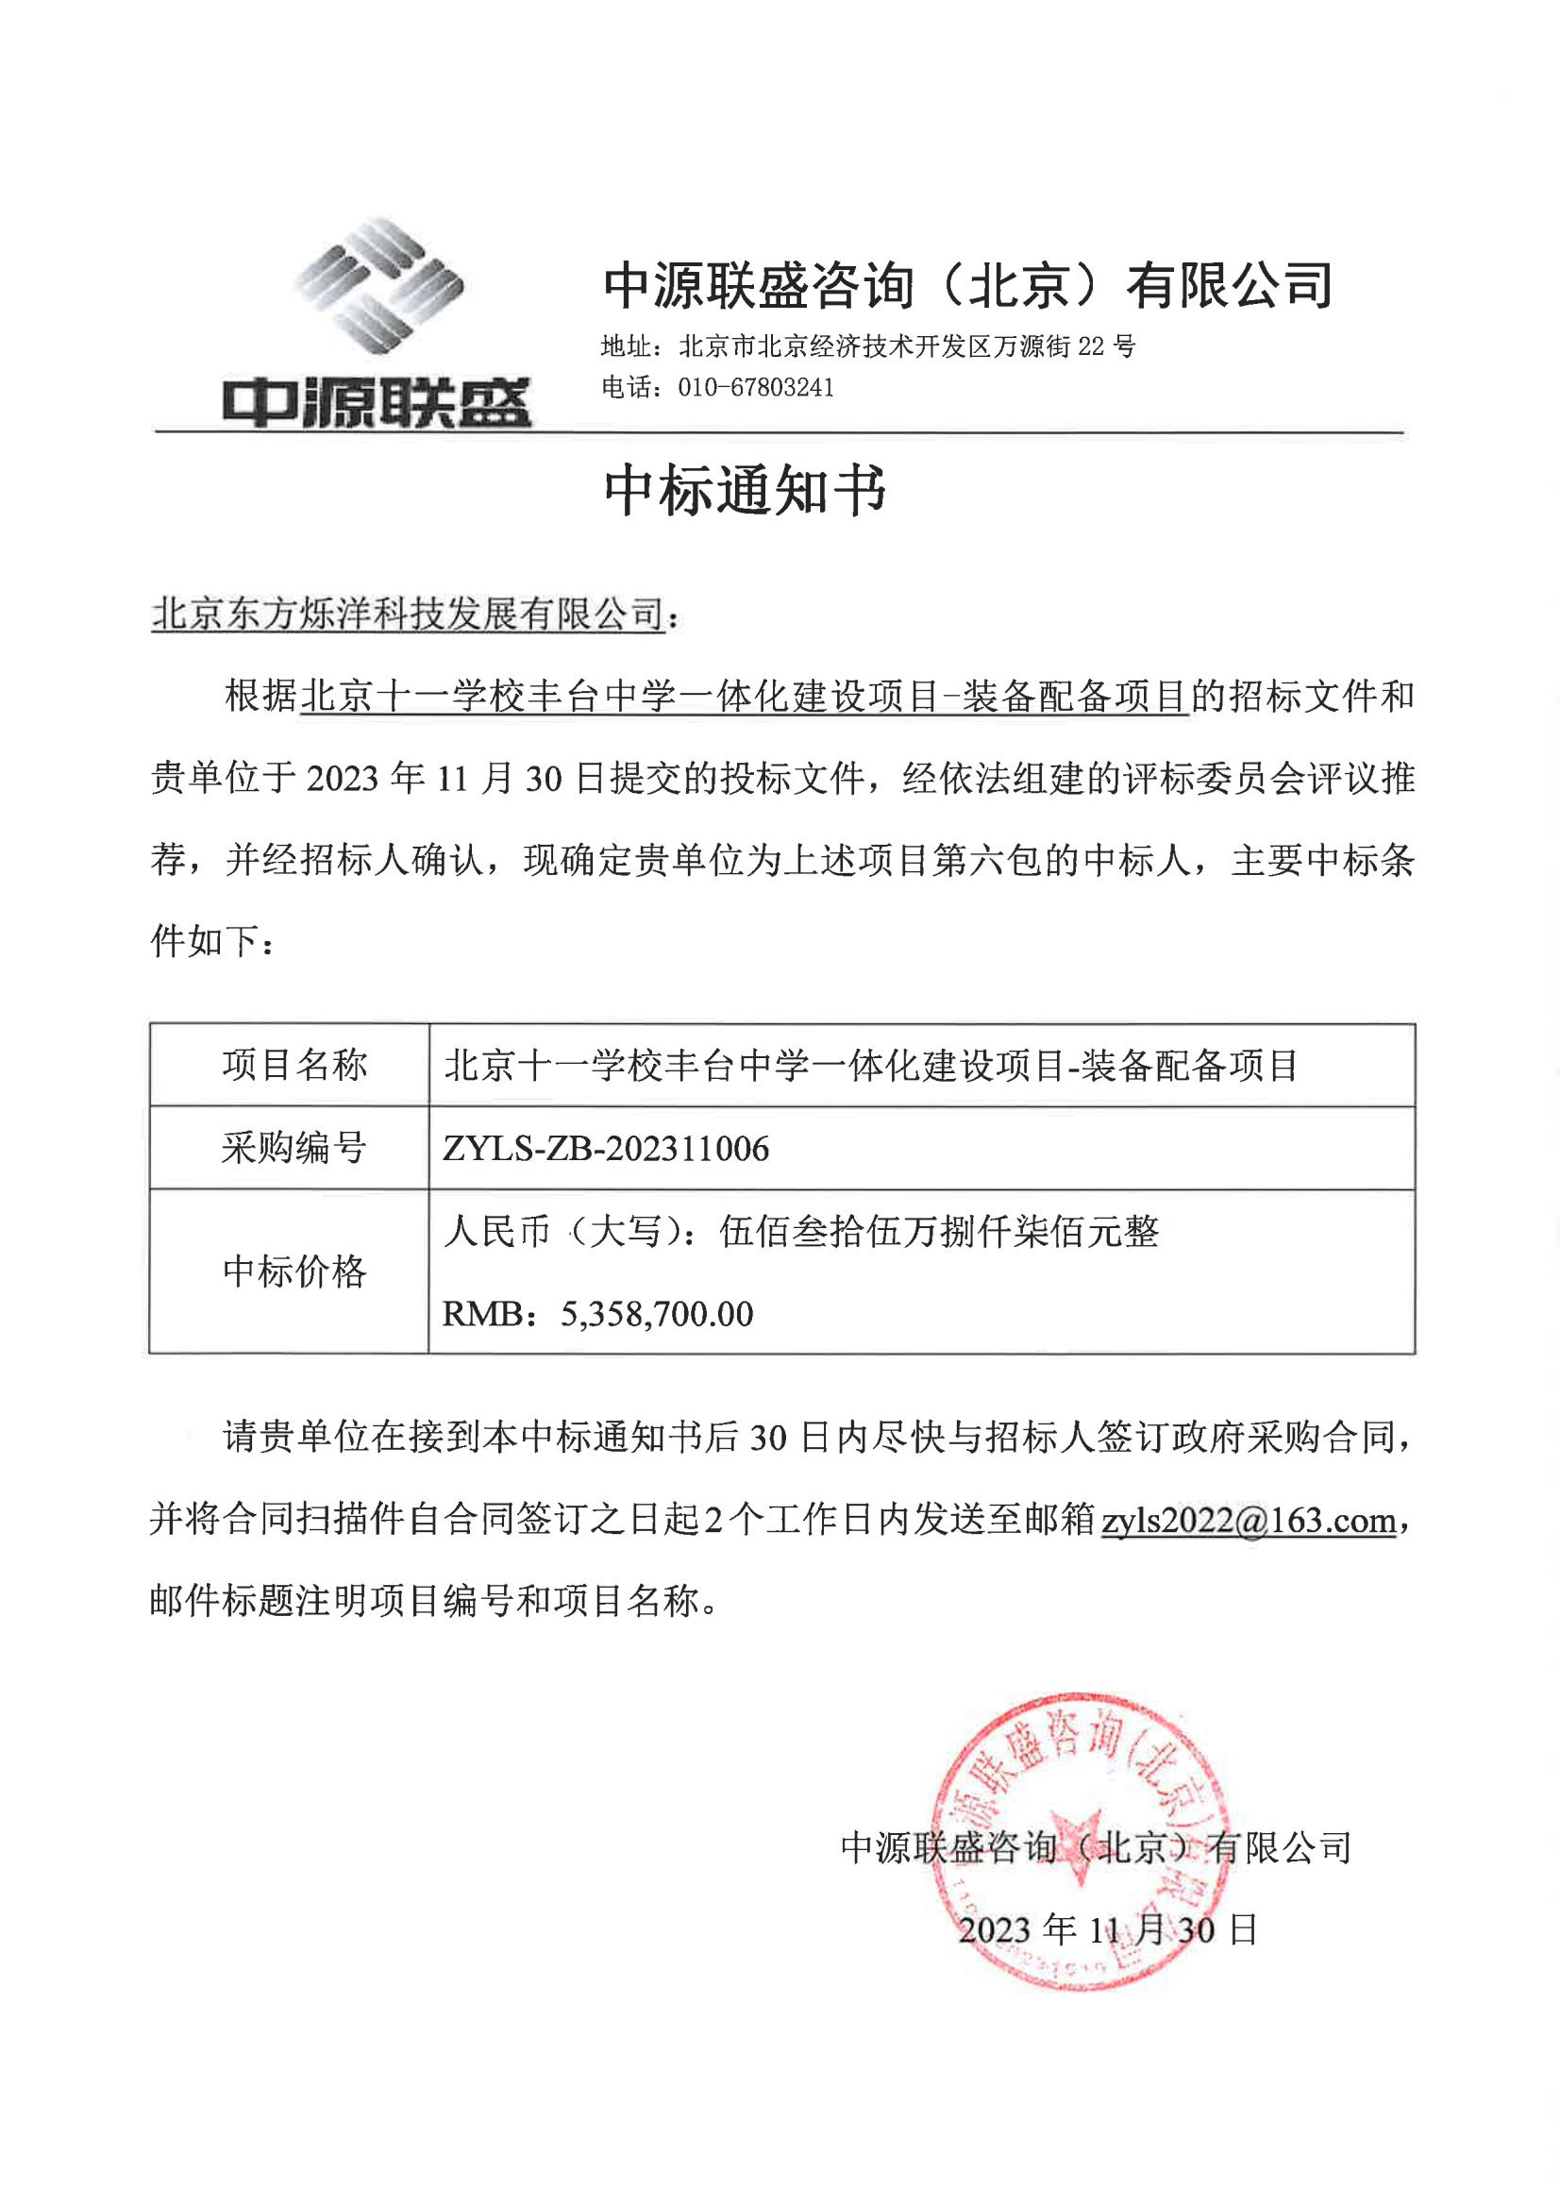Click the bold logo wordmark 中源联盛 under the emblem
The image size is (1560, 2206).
click(x=377, y=402)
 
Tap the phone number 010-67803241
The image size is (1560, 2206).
click(x=755, y=388)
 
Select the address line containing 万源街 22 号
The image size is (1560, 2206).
click(x=867, y=345)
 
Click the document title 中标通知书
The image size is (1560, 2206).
click(x=745, y=491)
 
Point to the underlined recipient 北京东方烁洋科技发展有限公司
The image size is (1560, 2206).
click(x=409, y=614)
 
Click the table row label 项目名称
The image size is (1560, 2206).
click(x=294, y=1065)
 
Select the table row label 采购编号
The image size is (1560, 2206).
click(x=294, y=1148)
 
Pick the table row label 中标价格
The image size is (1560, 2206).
click(x=294, y=1271)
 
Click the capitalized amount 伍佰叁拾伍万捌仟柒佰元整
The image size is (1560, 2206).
click(x=938, y=1231)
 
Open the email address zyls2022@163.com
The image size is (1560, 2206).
click(x=1248, y=1520)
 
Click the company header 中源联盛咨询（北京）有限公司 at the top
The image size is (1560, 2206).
click(x=968, y=286)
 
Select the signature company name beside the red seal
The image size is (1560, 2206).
click(x=1095, y=1847)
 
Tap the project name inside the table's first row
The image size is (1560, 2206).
click(x=870, y=1065)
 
